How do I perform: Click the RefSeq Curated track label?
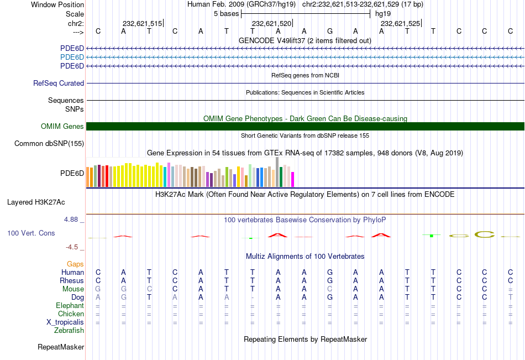[59, 84]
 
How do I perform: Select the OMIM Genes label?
[62, 127]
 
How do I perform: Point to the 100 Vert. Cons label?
[31, 233]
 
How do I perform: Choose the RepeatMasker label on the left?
[61, 347]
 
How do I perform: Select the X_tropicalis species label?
[65, 322]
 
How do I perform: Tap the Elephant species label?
[70, 306]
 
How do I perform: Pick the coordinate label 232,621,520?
[271, 24]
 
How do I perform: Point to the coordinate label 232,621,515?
[142, 24]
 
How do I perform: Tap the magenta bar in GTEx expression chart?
[292, 179]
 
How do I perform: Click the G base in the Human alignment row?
[330, 272]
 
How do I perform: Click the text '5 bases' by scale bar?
[226, 13]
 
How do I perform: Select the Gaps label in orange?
[76, 264]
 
